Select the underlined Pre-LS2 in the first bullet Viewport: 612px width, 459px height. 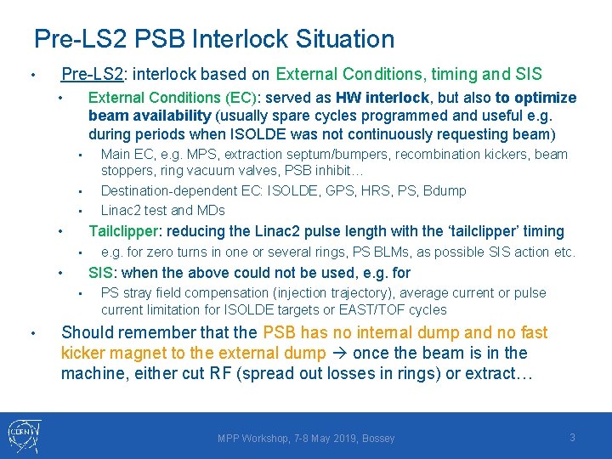[92, 75]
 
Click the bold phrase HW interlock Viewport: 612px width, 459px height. [382, 98]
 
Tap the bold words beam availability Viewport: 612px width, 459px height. [150, 116]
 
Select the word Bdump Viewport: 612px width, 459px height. [445, 190]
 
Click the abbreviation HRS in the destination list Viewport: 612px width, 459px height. [385, 190]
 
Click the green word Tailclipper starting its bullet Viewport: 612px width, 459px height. [124, 231]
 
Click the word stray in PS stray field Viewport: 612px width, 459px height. [137, 293]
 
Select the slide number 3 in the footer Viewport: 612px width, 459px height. [572, 437]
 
